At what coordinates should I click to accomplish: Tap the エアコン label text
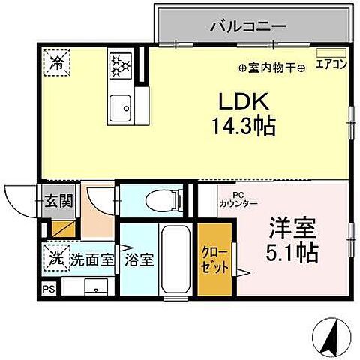(331, 64)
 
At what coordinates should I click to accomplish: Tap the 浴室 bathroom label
(139, 260)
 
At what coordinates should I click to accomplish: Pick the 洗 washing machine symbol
(55, 256)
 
